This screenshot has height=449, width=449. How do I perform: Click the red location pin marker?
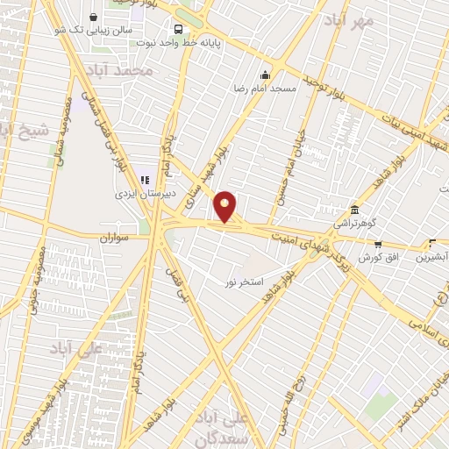point(225,206)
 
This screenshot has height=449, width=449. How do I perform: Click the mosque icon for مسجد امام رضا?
point(266,75)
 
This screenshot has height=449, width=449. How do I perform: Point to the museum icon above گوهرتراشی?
point(354,210)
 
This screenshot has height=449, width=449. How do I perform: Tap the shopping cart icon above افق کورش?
point(378,245)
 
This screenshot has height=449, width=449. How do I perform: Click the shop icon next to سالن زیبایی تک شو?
point(94,16)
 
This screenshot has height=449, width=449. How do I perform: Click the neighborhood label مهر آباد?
point(348,19)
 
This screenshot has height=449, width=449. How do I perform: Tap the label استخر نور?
point(245,282)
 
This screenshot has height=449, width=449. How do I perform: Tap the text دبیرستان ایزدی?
point(146,194)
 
